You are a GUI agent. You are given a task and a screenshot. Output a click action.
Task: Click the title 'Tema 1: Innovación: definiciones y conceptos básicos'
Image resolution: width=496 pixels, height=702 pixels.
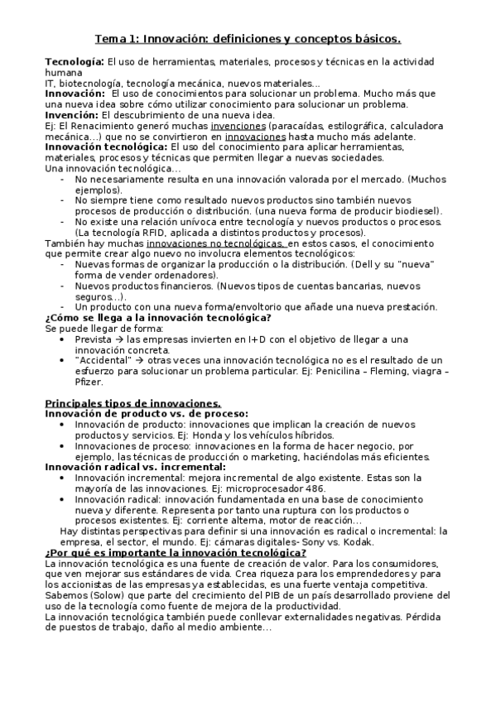(x=248, y=38)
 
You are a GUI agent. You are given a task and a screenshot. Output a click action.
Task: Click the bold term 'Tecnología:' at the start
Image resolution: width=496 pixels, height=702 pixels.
(x=75, y=62)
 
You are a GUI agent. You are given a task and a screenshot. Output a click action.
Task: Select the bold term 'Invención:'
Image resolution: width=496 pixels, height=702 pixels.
(x=73, y=115)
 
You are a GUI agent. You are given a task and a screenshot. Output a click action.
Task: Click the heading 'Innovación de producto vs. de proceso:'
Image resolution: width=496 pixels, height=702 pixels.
(x=147, y=413)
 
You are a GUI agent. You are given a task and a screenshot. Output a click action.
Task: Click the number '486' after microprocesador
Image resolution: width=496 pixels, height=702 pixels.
(x=332, y=488)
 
